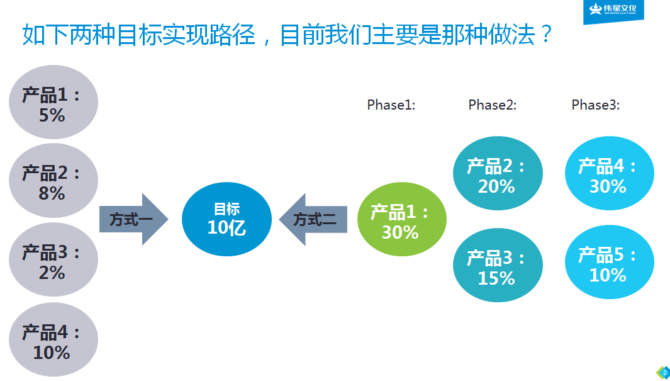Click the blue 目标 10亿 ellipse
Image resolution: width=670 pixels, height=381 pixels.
click(x=226, y=219)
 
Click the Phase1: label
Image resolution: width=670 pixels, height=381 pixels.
click(x=391, y=105)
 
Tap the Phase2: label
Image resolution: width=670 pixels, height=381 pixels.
click(x=493, y=105)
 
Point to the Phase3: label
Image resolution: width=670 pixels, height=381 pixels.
click(x=595, y=105)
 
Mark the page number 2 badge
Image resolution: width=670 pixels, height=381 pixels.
click(x=664, y=372)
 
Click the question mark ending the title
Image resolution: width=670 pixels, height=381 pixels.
click(x=545, y=34)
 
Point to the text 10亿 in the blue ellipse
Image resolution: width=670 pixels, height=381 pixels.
click(x=226, y=227)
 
